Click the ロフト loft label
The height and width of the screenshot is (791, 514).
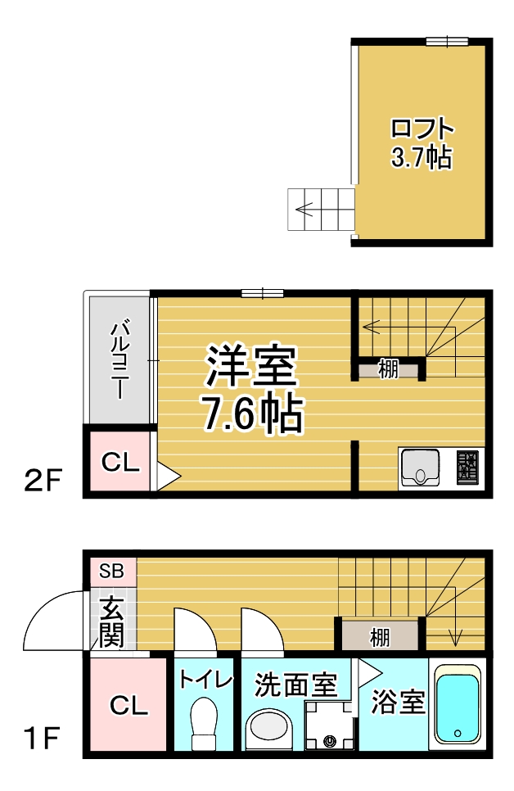coord(422,129)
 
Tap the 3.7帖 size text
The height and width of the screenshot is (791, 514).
coord(422,157)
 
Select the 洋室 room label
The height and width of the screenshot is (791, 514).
coord(250,366)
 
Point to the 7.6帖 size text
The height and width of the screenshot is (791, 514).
coord(253,413)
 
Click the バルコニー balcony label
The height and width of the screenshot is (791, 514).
coord(119,361)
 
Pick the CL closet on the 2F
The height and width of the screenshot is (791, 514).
coord(120,461)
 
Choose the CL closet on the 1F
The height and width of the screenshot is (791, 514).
coord(128,705)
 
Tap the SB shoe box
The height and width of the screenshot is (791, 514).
coord(111,572)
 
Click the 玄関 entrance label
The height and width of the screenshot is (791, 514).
coord(110,622)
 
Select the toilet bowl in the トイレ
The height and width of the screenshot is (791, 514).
coord(205,723)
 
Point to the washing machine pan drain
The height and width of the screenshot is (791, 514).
coord(331,740)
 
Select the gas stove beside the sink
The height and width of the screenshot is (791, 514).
coord(467,468)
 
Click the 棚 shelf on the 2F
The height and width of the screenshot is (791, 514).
coord(389,369)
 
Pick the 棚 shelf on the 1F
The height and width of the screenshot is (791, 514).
coord(380,636)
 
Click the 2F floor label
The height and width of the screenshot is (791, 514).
coord(43,480)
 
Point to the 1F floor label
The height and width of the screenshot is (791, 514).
coord(43,738)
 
